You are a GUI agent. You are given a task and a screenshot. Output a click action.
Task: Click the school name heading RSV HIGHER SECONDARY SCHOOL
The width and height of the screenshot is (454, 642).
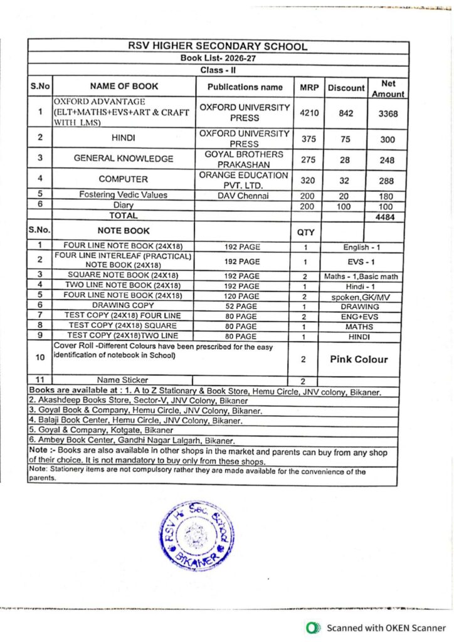218,46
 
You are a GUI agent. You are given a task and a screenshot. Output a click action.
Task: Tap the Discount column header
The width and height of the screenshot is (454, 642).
346,88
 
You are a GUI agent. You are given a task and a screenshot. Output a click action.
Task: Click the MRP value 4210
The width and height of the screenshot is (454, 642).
308,113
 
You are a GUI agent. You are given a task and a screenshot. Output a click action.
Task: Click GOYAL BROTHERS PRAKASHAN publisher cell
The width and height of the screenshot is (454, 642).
243,159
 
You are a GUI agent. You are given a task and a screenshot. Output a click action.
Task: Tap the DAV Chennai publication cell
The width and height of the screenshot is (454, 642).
243,195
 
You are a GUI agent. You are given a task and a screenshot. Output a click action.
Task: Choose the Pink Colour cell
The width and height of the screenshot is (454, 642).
359,359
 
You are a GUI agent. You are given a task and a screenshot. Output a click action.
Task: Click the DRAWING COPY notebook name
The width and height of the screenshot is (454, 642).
124,307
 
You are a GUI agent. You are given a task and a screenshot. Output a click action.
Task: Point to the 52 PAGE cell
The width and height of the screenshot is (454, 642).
241,307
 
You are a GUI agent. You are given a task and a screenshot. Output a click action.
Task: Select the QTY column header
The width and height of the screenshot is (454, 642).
305,232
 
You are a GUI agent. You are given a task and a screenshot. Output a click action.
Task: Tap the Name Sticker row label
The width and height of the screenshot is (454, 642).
123,380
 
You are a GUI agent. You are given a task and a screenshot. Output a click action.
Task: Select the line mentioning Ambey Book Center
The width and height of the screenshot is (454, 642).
132,441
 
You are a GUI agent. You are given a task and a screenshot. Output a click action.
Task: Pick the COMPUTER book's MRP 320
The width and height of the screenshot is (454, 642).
308,179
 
